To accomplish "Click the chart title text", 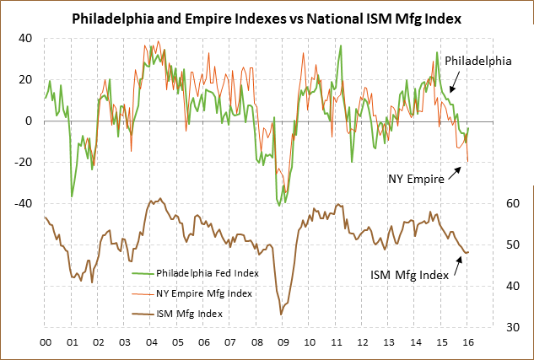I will coord(267,17).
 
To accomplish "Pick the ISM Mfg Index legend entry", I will coord(190,314).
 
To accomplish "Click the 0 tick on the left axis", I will coord(28,121).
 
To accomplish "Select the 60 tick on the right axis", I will coord(488,203).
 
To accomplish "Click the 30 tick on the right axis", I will coord(488,327).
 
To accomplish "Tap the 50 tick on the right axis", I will coord(488,244).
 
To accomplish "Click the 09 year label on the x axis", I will coord(283,343).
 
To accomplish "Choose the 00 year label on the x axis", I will coord(45,343).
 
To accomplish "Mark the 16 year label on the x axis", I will coord(467,343).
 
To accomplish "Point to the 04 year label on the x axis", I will coord(151,343).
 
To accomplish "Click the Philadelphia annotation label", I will coord(477,61).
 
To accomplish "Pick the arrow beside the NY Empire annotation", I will coord(456,172).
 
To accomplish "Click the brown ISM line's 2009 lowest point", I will coord(281,314).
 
